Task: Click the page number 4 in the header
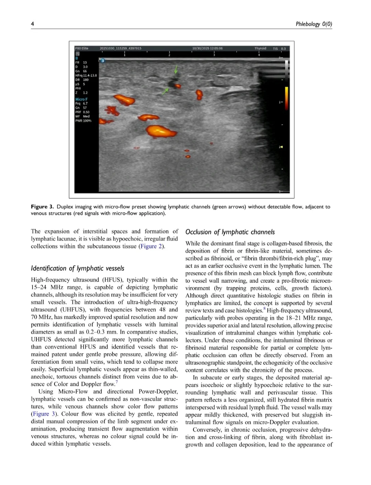(x=32, y=24)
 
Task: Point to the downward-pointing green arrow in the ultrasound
(x=176, y=70)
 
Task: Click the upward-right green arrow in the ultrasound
(x=166, y=91)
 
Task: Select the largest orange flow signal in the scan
(x=160, y=131)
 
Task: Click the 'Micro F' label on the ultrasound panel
(x=81, y=99)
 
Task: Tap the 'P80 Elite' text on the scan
(x=82, y=48)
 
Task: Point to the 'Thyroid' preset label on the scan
(x=260, y=48)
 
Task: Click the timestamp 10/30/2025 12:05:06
(x=207, y=48)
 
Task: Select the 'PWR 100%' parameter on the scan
(x=83, y=121)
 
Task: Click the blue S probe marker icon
(x=102, y=60)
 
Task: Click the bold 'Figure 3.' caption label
(x=42, y=207)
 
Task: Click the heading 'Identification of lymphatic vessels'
(x=78, y=268)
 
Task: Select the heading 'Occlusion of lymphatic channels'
(x=230, y=232)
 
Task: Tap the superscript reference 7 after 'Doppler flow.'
(x=117, y=382)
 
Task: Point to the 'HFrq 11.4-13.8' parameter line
(x=86, y=76)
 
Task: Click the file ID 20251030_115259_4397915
(x=121, y=48)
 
